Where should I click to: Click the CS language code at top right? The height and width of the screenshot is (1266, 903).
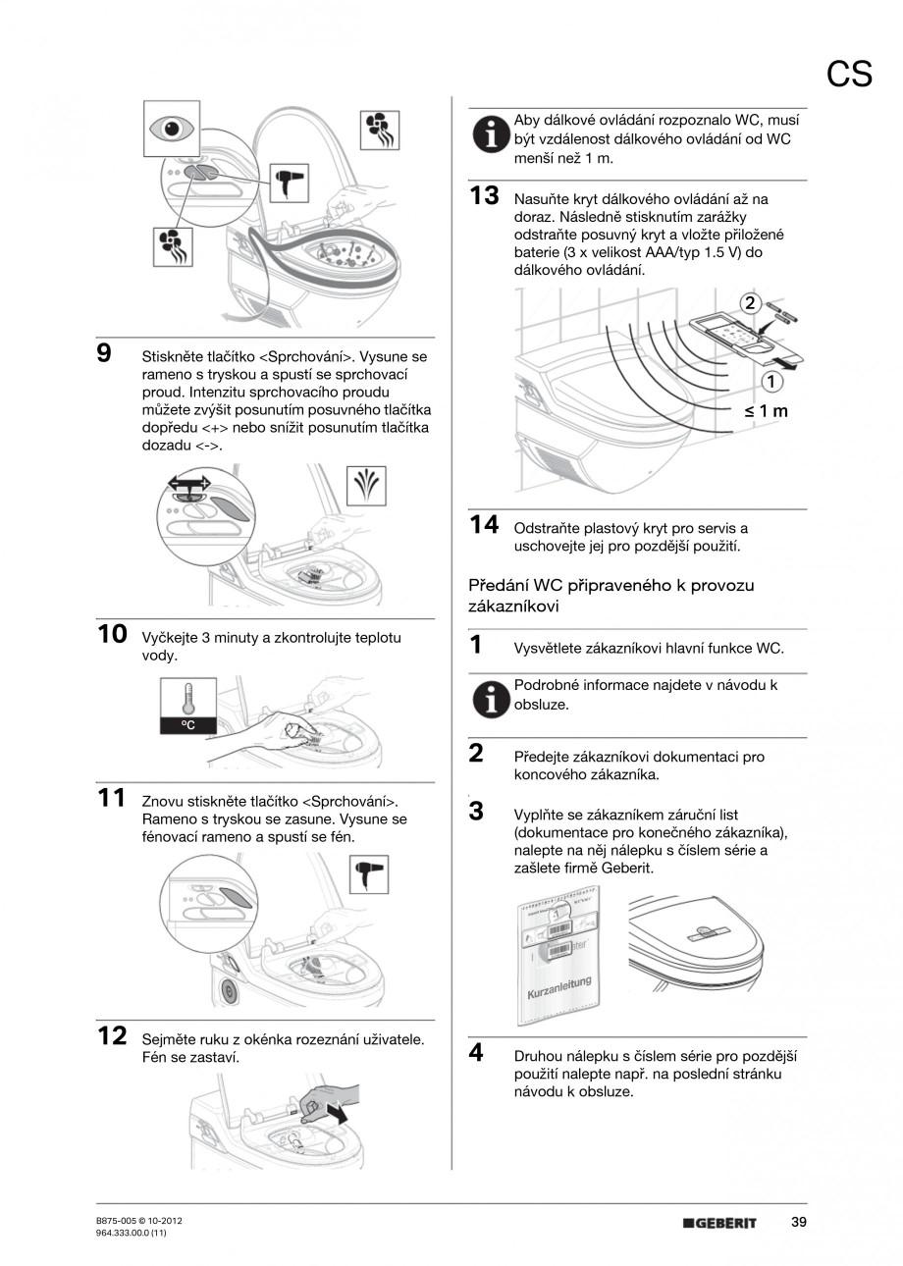tap(849, 74)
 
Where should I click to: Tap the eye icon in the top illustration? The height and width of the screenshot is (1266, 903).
tap(172, 128)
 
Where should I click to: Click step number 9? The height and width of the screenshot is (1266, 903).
tap(103, 352)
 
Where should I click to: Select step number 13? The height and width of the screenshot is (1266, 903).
tap(484, 195)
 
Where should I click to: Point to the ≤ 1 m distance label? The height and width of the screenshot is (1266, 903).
tap(766, 410)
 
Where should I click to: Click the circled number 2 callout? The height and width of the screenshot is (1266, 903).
tap(750, 303)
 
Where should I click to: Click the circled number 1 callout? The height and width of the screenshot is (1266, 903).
tap(773, 381)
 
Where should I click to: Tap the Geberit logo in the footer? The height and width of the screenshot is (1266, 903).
tap(720, 1223)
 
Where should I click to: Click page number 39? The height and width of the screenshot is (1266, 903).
tap(798, 1222)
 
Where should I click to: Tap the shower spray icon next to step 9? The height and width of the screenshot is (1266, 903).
tap(369, 485)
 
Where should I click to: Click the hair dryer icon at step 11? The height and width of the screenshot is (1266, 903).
tap(369, 873)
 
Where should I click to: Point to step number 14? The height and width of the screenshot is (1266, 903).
tap(484, 525)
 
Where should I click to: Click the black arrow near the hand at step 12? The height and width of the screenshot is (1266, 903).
tap(338, 1114)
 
